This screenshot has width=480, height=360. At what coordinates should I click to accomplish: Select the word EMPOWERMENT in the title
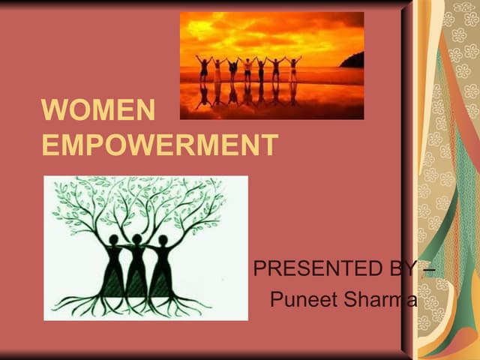tap(160, 145)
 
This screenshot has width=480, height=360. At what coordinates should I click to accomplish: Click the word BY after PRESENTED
tap(407, 268)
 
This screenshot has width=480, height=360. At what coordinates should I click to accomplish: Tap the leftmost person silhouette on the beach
tap(202, 68)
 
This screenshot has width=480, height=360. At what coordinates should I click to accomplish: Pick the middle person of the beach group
tap(247, 68)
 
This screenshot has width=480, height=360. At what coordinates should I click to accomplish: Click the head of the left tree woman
tap(114, 240)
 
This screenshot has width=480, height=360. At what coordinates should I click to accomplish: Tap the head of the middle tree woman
tap(137, 237)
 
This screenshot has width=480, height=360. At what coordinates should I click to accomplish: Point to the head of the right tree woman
tap(163, 240)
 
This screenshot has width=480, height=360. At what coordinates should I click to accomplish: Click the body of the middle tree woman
tap(137, 270)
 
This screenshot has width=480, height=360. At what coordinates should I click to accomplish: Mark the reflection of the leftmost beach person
tap(202, 94)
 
